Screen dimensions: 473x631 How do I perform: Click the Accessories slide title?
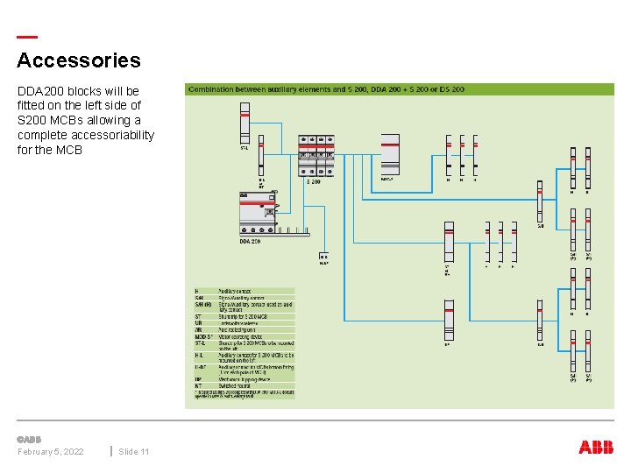pyautogui.click(x=78, y=60)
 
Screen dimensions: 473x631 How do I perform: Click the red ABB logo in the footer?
pyautogui.click(x=596, y=448)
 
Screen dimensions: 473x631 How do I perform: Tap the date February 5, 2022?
pyautogui.click(x=51, y=451)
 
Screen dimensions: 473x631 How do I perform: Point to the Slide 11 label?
pyautogui.click(x=133, y=451)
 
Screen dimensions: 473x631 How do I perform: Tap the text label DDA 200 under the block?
pyautogui.click(x=250, y=241)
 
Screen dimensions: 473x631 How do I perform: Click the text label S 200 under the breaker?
pyautogui.click(x=313, y=181)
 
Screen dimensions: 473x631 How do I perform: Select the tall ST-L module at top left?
pyautogui.click(x=245, y=122)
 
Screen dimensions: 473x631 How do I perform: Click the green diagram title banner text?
pyautogui.click(x=325, y=89)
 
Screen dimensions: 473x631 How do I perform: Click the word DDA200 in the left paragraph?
pyautogui.click(x=40, y=91)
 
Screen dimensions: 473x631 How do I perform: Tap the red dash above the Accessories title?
pyautogui.click(x=27, y=37)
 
